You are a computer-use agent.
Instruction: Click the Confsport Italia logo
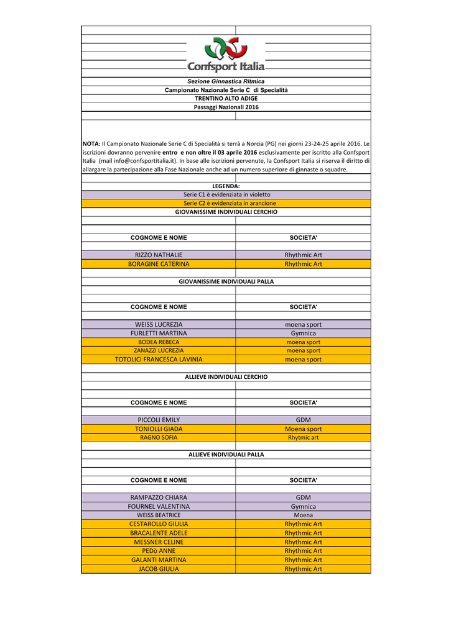point(226,55)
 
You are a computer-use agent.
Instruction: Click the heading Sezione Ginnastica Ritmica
point(226,81)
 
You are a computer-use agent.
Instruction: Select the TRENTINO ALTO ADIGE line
point(226,99)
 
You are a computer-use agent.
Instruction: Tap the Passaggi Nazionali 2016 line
point(226,107)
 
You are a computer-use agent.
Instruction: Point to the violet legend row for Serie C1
point(226,194)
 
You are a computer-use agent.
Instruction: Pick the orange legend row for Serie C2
point(226,203)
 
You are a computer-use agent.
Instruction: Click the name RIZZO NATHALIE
point(159,255)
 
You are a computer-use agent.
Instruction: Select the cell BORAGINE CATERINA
point(159,264)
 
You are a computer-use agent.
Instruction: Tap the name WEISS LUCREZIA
point(159,325)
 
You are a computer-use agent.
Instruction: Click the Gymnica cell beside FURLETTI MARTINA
point(303,334)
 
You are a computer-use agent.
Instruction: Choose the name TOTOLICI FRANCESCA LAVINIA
point(159,360)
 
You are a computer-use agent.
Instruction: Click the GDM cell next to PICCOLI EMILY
point(303,420)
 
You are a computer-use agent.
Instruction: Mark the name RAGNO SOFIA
point(159,437)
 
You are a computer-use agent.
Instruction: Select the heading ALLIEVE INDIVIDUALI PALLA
point(226,455)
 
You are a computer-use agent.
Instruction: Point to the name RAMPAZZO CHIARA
point(159,497)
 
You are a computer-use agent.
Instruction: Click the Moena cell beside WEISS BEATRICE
point(303,515)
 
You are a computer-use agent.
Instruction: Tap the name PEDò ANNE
point(159,551)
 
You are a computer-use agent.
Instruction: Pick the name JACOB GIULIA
point(159,569)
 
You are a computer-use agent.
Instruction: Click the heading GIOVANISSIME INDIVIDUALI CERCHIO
point(226,212)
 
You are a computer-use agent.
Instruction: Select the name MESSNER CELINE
point(159,542)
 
